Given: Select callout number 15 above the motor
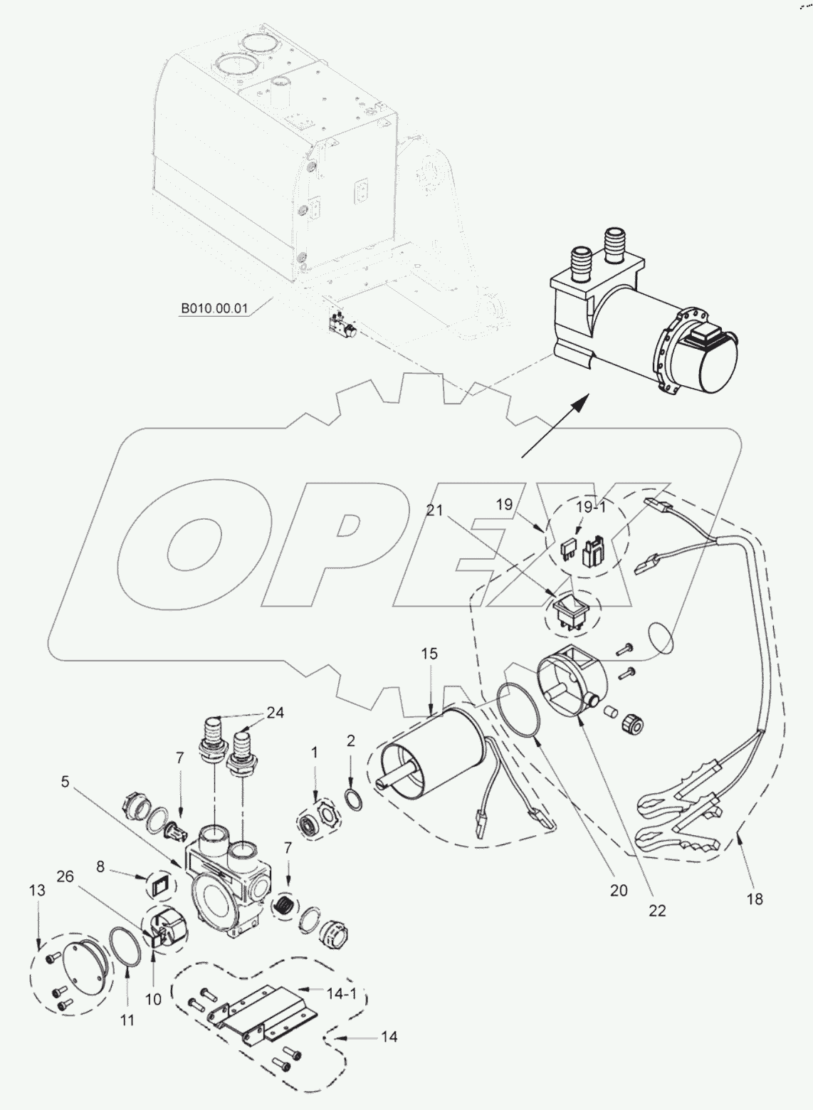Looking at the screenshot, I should point(429,654).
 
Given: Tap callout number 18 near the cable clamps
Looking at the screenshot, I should point(755,899).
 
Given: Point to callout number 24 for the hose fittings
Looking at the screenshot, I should point(275,713).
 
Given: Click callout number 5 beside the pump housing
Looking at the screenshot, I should point(65,782).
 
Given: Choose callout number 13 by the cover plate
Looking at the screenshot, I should point(37,891).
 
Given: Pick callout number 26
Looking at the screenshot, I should point(65,876).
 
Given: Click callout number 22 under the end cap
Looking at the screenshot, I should point(657,910).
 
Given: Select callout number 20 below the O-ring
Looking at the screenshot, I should point(619,890).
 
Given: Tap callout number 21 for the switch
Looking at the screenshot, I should point(435,510).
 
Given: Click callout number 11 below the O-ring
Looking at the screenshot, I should point(127,1020).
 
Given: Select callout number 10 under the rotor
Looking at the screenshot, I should point(154,999).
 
